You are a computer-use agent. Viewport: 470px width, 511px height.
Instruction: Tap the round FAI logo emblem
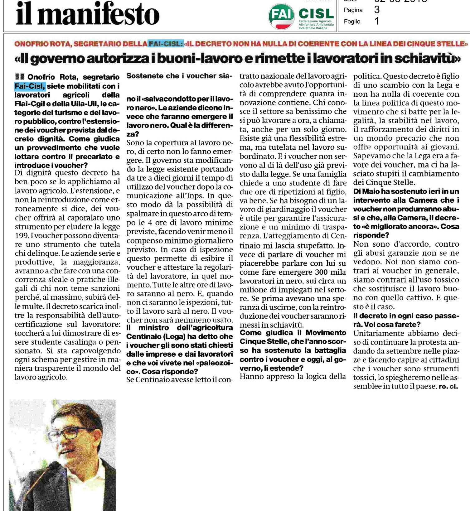[x=281, y=16]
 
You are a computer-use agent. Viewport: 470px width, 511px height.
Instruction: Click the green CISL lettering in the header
[x=316, y=13]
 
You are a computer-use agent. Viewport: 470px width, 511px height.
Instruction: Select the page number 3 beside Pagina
[x=377, y=10]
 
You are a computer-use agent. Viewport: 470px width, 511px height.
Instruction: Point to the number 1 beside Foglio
[x=377, y=21]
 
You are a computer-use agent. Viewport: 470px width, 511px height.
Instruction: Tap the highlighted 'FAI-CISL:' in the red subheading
[x=165, y=44]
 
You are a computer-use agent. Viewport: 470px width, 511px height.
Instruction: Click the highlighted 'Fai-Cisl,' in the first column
[x=30, y=86]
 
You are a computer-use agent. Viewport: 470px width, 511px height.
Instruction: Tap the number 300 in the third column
[x=322, y=272]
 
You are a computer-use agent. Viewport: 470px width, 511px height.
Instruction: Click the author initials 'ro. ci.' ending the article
[x=448, y=387]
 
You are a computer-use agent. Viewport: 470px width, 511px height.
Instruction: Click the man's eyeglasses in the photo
[x=70, y=432]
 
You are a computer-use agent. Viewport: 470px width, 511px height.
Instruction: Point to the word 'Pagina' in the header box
[x=353, y=10]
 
